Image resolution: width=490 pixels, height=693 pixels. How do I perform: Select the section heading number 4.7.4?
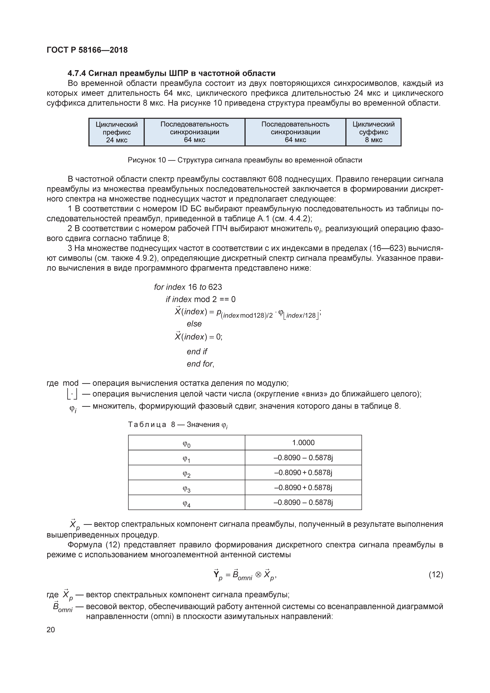[77, 73]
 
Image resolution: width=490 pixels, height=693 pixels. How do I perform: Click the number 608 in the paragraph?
[275, 179]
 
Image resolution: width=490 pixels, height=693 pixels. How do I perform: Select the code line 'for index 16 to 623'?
[188, 287]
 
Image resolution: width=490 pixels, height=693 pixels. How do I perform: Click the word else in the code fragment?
[194, 324]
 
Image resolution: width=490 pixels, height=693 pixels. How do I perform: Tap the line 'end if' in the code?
[197, 352]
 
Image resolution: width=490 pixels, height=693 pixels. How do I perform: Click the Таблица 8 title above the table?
[177, 425]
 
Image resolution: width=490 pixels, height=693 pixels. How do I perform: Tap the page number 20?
[51, 630]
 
